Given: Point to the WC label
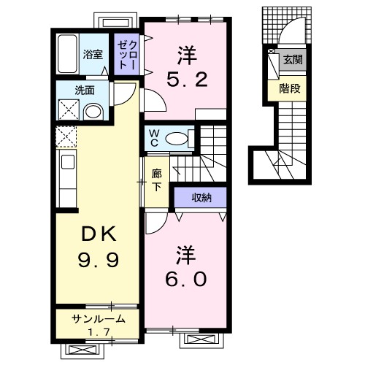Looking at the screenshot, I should (x=154, y=137).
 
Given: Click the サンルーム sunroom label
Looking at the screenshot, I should (x=97, y=318).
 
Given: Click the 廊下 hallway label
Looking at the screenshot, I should (x=156, y=180).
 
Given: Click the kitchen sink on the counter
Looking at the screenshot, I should (x=64, y=161).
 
